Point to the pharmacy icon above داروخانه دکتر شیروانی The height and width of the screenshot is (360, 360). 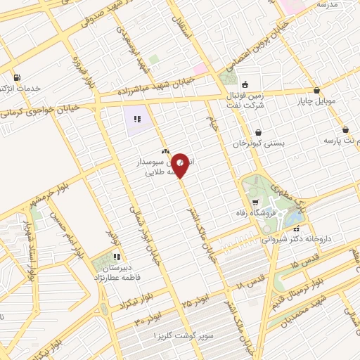click(x=297, y=228)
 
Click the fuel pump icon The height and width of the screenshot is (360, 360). click(x=16, y=77)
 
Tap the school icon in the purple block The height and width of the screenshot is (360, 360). click(x=138, y=119)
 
